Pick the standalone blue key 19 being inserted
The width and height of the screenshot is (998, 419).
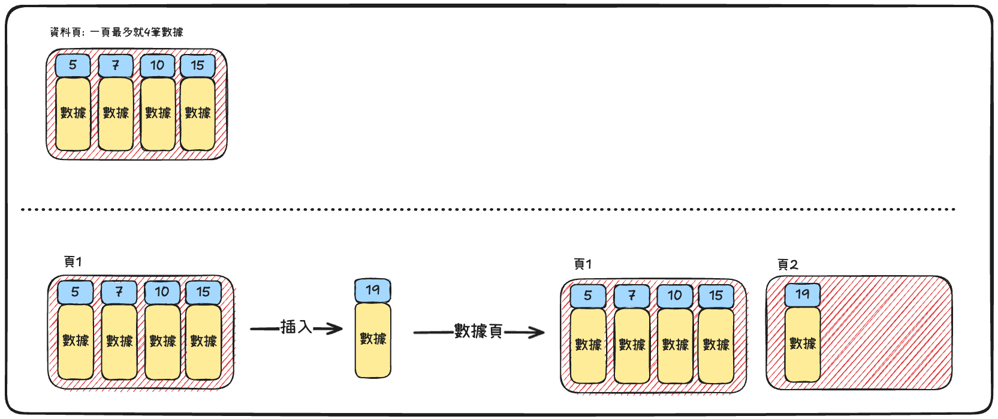tap(373, 291)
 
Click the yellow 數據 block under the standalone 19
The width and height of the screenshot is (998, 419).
tap(373, 340)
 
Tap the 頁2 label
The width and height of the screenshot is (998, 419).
tap(788, 264)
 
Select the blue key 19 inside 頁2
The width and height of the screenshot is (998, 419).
tap(803, 294)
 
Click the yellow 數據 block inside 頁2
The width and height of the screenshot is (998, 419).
tap(803, 344)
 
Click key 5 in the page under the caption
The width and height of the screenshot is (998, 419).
tap(73, 65)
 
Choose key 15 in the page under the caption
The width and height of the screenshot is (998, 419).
tap(198, 65)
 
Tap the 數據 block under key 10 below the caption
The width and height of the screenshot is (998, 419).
tap(158, 113)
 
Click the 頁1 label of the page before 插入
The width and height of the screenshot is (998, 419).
tap(73, 262)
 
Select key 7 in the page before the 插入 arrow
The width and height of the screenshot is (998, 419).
tap(119, 293)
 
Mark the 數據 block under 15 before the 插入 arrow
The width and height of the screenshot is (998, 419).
tap(203, 341)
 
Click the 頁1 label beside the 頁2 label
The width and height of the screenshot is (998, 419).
tap(583, 264)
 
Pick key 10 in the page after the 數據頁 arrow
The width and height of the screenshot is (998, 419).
tap(675, 296)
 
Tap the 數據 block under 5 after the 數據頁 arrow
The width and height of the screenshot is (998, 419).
tap(588, 345)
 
